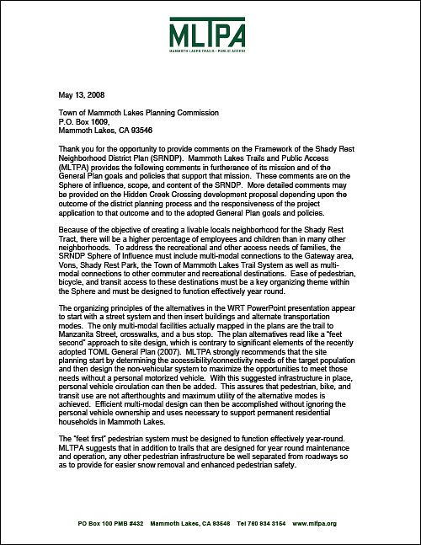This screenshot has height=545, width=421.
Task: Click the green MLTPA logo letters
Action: pyautogui.click(x=210, y=38)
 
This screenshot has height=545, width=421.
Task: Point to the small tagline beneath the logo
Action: pyautogui.click(x=210, y=58)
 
